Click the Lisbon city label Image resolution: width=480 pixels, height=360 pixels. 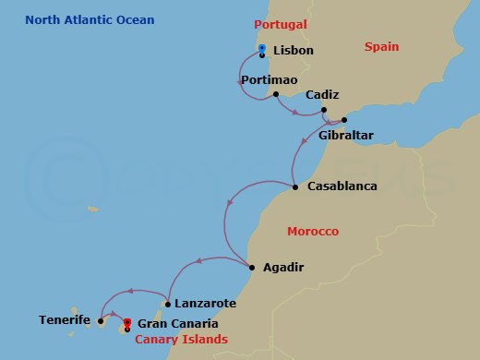pos(294,50)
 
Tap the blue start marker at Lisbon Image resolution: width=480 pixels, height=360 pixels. pos(262,49)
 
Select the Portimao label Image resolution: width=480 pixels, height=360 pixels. pos(268,80)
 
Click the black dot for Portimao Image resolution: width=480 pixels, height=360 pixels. pos(276,93)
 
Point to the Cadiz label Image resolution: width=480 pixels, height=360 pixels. pos(322,95)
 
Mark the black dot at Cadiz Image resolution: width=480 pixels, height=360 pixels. pos(324,110)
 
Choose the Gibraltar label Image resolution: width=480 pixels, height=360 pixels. pos(345,135)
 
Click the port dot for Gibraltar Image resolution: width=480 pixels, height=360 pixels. pos(344,120)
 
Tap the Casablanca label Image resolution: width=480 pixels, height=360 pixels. pos(342,186)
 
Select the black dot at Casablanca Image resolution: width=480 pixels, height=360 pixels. pos(294,187)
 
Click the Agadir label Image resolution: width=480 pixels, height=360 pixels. pos(282,268)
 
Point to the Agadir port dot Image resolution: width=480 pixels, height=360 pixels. pos(252,268)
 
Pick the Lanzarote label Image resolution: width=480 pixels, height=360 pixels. pos(205,303)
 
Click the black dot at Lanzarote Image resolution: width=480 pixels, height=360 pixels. pos(167,303)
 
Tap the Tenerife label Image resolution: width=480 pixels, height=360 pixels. pos(65,320)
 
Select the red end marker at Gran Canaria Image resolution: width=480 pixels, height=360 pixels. pos(126,322)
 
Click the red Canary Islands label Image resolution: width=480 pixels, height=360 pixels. pos(181,340)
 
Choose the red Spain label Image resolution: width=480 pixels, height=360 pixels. pos(381,46)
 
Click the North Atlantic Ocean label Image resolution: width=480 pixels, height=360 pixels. pos(90,20)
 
